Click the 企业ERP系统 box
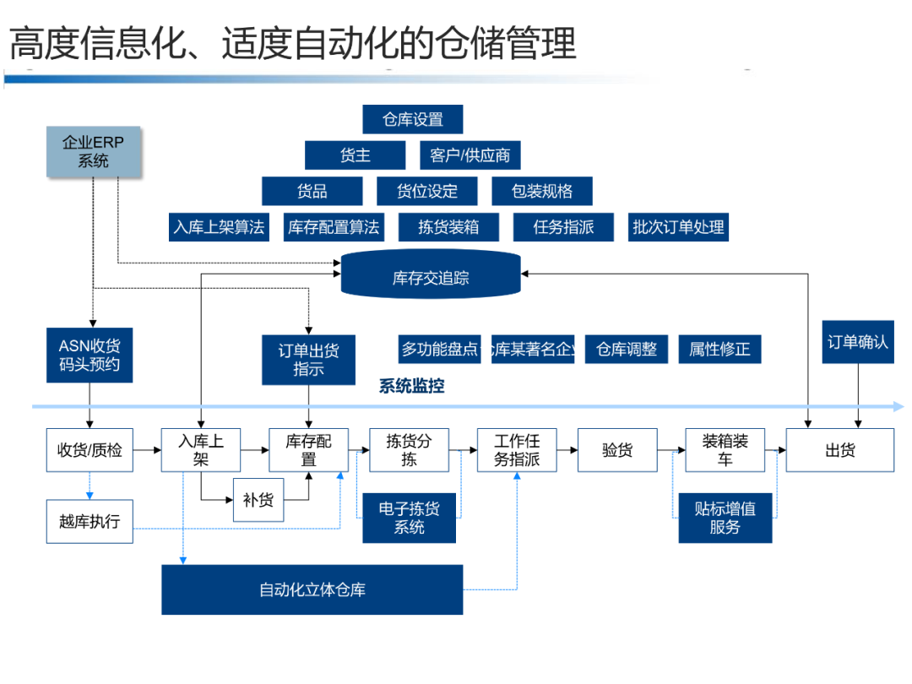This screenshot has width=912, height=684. point(93,152)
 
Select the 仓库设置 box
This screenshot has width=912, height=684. point(413,119)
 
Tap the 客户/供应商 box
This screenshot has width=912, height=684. point(470,155)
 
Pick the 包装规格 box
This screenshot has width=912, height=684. point(541,191)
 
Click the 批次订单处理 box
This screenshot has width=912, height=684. point(678,227)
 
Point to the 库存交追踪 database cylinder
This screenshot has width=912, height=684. point(431,277)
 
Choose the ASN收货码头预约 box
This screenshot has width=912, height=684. point(90,356)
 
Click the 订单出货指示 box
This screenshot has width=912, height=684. point(308,360)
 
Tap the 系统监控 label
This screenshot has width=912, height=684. point(411,387)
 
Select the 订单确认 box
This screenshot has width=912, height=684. point(858,342)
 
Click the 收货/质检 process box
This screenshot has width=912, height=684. point(90,450)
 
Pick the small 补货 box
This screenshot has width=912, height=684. point(258,500)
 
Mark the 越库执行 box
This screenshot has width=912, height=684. point(90,521)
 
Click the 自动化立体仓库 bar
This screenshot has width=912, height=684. point(312,589)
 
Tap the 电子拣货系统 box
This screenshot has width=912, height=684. point(410,518)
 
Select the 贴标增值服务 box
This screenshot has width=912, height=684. point(725,518)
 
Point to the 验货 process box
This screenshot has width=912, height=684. point(617,450)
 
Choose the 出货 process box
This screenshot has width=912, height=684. point(840,450)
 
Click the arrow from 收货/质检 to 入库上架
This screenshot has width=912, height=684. point(147,450)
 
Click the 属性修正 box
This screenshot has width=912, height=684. point(719,349)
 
